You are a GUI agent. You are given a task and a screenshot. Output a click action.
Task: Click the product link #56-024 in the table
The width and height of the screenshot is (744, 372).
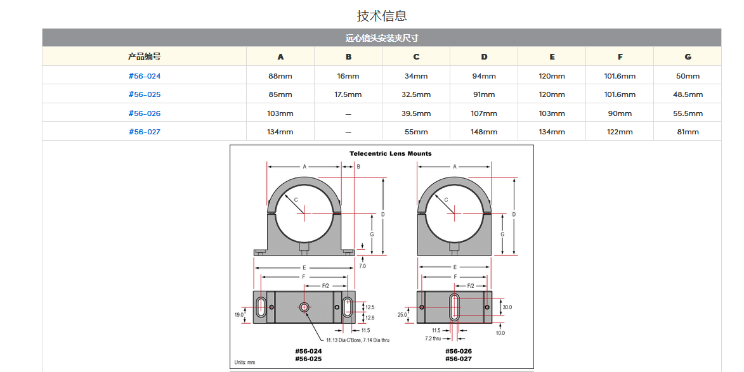coord(144,76)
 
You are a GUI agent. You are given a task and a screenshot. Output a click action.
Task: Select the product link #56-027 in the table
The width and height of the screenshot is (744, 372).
coord(144,132)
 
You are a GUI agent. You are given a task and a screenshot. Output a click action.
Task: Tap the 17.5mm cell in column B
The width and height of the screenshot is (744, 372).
coord(348,94)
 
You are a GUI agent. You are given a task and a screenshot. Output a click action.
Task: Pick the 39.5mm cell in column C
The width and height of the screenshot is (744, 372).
coord(416,113)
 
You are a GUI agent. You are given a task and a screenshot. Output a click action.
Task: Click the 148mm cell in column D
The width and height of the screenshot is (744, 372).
coord(484,132)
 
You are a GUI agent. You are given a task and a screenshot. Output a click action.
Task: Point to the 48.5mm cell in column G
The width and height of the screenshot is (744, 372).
coord(688,94)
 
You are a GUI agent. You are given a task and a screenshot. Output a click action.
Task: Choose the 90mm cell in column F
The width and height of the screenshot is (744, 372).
coord(620,113)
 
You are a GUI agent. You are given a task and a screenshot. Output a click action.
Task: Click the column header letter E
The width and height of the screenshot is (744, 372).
coord(552,57)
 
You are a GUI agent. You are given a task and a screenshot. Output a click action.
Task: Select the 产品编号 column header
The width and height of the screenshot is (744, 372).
coord(144,56)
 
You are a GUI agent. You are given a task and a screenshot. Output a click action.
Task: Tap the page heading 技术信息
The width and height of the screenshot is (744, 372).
coord(382,16)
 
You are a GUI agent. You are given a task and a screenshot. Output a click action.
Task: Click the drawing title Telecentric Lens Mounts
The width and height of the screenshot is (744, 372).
coord(391,153)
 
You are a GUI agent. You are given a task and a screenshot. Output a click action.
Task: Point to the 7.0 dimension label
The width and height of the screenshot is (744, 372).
coord(363,266)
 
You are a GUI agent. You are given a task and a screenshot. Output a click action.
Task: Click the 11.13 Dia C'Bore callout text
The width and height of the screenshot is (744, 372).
coord(358,340)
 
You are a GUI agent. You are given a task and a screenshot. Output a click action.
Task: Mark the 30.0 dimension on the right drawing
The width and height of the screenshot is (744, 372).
coord(507,307)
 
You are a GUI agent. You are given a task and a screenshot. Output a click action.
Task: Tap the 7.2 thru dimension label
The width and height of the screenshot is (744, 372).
coord(433,338)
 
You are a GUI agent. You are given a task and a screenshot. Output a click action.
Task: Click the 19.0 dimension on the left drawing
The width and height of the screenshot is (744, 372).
coord(239,315)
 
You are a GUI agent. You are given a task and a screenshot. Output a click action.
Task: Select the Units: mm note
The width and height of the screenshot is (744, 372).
coord(245,362)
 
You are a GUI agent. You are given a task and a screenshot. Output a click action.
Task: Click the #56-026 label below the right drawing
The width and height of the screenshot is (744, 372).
coord(459,351)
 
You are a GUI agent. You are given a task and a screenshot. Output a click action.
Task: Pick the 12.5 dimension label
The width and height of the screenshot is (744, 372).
coord(370,307)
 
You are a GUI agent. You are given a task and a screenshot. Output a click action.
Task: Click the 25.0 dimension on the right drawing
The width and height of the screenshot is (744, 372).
coord(402,315)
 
